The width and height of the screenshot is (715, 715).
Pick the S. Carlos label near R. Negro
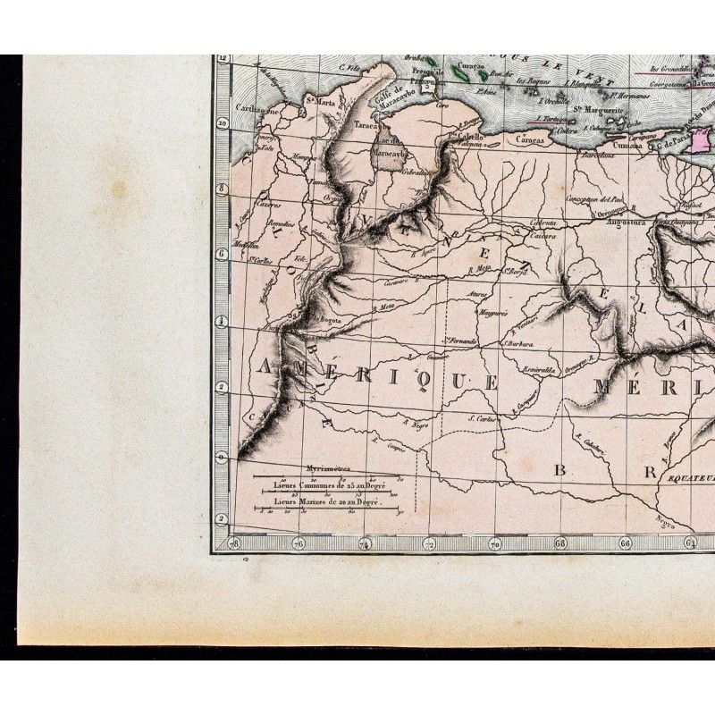click(x=482, y=417)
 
